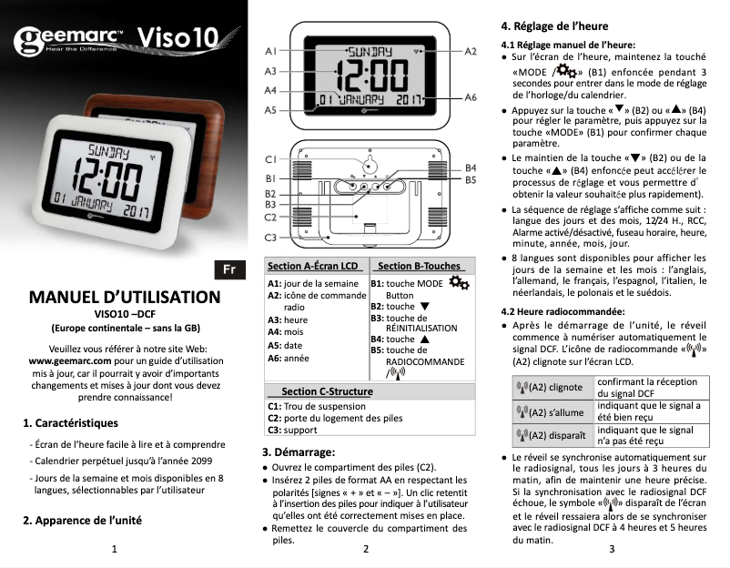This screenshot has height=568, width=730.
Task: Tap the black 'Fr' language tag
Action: coord(229,269)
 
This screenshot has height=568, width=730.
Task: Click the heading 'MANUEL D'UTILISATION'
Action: coord(125,297)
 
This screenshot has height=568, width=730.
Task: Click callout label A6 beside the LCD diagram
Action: coord(471,96)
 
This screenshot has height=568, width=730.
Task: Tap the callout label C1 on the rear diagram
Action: coord(270,160)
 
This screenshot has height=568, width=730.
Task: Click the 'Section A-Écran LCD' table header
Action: coord(312,266)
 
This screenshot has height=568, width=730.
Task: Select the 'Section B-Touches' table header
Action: coord(419,266)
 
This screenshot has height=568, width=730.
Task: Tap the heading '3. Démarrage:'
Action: coord(299,451)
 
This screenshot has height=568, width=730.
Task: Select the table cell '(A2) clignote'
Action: coord(549,387)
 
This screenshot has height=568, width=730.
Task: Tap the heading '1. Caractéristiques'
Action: coord(70,422)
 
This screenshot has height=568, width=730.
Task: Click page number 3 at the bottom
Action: coord(613,549)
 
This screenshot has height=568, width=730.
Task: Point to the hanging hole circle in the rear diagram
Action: coord(369,167)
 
